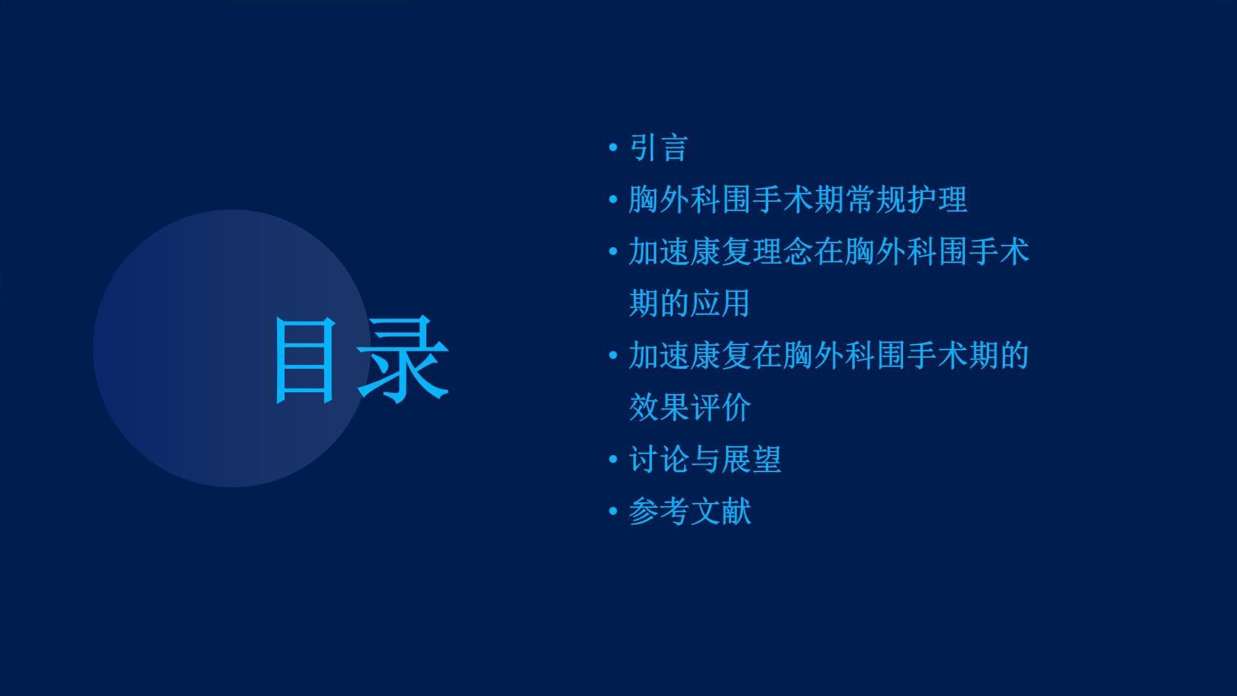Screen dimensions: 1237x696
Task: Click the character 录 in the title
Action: pyautogui.click(x=403, y=359)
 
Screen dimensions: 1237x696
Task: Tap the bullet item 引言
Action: pyautogui.click(x=659, y=148)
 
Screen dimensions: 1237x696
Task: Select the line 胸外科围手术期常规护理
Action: pyautogui.click(x=798, y=200)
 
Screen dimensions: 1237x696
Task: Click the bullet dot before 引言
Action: pyautogui.click(x=613, y=148)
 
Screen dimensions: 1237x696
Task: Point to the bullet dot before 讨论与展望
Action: pyautogui.click(x=613, y=460)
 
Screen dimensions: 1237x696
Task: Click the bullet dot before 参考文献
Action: pyautogui.click(x=613, y=512)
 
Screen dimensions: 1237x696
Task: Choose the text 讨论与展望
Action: pyautogui.click(x=705, y=460)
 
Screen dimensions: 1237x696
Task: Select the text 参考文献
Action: pyautogui.click(x=690, y=512)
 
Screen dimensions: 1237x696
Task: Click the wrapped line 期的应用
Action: pyautogui.click(x=690, y=303)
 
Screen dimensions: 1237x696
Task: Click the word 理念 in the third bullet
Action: pyautogui.click(x=782, y=252)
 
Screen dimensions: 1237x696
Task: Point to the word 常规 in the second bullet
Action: pyautogui.click(x=875, y=200)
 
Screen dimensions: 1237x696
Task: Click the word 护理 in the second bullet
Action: pyautogui.click(x=937, y=200)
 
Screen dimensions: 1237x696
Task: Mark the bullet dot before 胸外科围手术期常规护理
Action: pyautogui.click(x=613, y=200)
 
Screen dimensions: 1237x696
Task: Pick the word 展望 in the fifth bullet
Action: pyautogui.click(x=751, y=460)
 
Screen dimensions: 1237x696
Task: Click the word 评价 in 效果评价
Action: pyautogui.click(x=721, y=407)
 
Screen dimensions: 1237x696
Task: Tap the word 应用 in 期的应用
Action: pyautogui.click(x=721, y=303)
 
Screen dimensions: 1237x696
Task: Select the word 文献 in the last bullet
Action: pyautogui.click(x=721, y=512)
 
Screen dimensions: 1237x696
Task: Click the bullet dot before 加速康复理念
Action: pyautogui.click(x=613, y=252)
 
